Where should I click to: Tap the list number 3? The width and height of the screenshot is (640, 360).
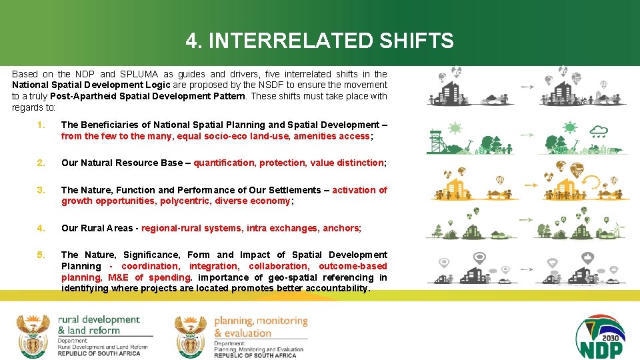tap(41, 190)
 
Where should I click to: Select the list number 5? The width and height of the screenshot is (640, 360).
tap(41, 255)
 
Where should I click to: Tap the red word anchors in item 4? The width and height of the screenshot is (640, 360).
tap(341, 228)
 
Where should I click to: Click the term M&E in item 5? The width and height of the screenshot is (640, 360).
tap(119, 277)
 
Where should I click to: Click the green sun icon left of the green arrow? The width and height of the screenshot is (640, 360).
tap(456, 127)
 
